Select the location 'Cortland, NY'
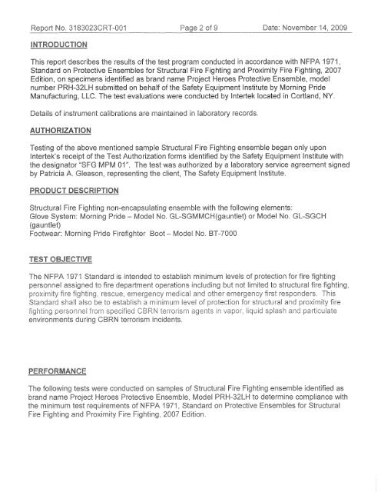click(x=322, y=99)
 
